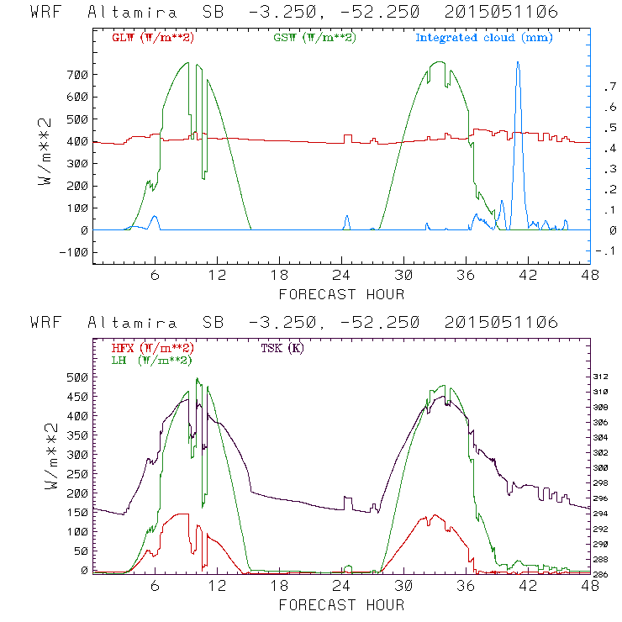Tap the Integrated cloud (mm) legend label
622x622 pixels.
click(x=484, y=38)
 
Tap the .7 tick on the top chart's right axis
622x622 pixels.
click(x=608, y=87)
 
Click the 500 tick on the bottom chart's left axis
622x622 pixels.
click(x=77, y=377)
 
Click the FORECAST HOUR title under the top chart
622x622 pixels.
click(x=341, y=294)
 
